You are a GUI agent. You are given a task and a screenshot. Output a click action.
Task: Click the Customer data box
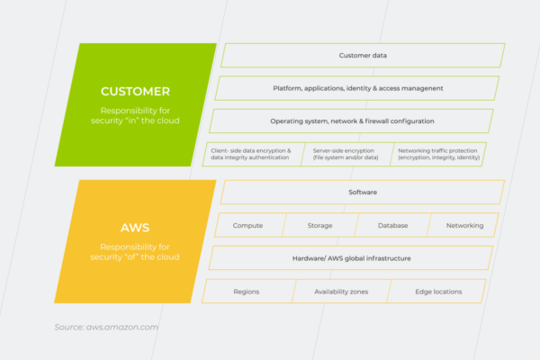[x=363, y=55]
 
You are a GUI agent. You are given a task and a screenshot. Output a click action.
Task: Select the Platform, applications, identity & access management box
[x=357, y=88]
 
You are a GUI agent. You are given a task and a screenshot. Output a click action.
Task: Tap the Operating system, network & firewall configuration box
[x=352, y=121]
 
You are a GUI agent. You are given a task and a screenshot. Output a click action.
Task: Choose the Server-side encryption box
[x=346, y=154]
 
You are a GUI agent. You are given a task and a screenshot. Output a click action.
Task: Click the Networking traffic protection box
[x=439, y=154]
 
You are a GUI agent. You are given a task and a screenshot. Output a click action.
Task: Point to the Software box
[x=363, y=192]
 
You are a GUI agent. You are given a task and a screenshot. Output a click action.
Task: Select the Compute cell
[x=248, y=225]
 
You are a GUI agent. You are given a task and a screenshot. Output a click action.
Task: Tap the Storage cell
[x=320, y=225]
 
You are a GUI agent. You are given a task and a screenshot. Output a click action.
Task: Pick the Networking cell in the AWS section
[x=463, y=225]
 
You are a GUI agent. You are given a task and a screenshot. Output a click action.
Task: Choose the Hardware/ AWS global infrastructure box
[x=352, y=258]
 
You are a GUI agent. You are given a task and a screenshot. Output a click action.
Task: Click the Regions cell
[x=247, y=292]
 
